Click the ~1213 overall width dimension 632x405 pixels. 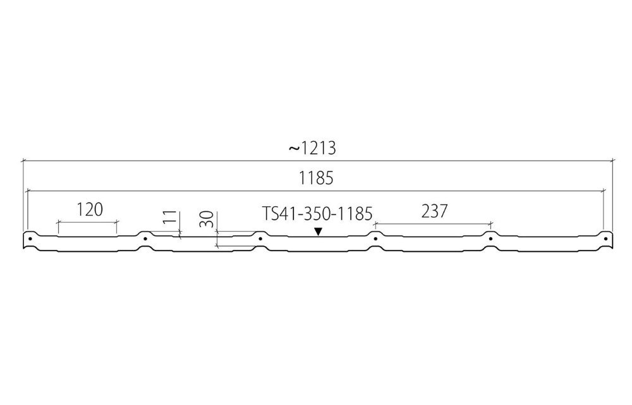(312, 149)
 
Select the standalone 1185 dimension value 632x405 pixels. (316, 178)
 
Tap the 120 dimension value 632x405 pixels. (90, 209)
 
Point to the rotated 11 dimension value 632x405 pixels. (171, 218)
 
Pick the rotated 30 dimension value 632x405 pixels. (207, 220)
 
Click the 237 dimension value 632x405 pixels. (435, 211)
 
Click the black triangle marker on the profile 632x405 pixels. (319, 232)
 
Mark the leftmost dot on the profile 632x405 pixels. (30, 239)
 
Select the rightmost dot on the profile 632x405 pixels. (605, 239)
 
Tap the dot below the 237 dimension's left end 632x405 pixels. (375, 239)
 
